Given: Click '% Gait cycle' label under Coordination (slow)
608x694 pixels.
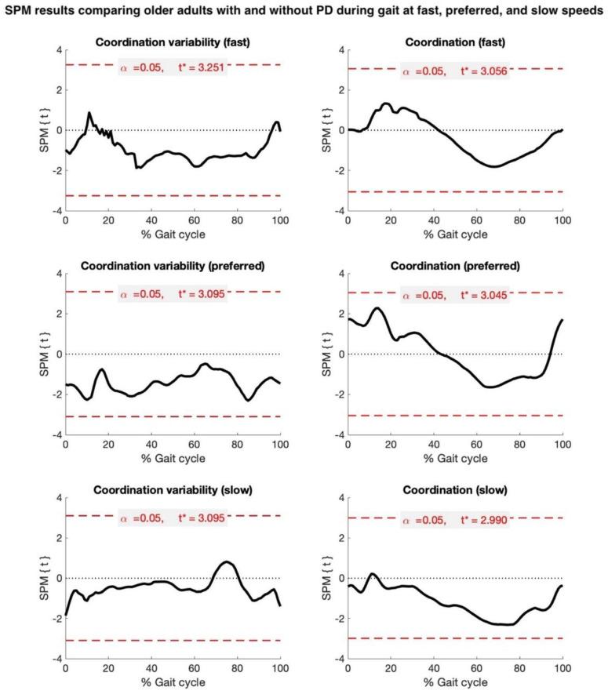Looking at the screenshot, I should [x=455, y=681].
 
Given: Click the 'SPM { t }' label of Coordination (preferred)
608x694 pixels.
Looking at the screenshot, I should [x=325, y=354].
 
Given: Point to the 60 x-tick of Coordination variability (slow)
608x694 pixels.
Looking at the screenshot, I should [x=194, y=670].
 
